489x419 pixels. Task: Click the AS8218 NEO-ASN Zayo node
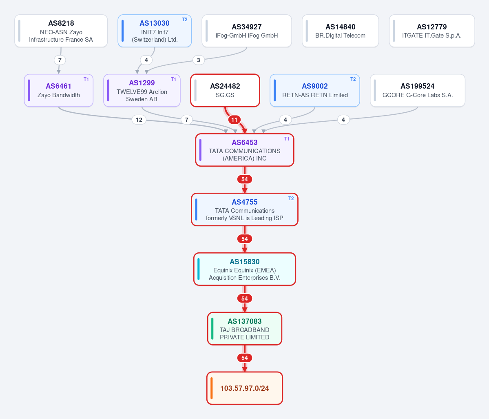click(61, 31)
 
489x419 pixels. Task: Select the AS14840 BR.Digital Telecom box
click(340, 31)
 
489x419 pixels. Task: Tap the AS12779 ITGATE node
click(432, 31)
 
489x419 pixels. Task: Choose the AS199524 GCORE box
click(418, 91)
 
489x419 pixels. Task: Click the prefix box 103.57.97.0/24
click(245, 388)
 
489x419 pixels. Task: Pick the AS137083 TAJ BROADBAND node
click(245, 329)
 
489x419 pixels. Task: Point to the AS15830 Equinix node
click(245, 269)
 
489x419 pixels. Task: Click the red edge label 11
click(235, 120)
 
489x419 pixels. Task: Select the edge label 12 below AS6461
click(139, 120)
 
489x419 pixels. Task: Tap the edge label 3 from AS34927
click(199, 60)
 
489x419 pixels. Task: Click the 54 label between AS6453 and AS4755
click(245, 179)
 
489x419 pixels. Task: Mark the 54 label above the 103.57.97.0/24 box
click(245, 358)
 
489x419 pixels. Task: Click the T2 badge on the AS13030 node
click(185, 20)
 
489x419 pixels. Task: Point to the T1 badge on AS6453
click(287, 139)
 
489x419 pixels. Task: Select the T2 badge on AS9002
click(353, 79)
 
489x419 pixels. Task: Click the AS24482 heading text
click(225, 86)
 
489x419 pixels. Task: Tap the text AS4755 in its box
click(245, 202)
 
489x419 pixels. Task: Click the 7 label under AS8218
click(60, 60)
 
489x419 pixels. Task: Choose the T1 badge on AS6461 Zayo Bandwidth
click(86, 79)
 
